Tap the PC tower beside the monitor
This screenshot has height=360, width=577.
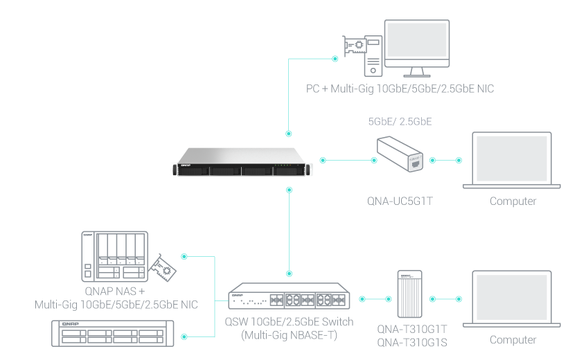tap(373, 55)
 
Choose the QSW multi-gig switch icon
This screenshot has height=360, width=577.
tap(290, 298)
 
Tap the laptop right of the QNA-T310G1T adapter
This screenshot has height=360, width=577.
tap(513, 299)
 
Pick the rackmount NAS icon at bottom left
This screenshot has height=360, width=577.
tap(112, 335)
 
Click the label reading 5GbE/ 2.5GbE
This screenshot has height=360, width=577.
tap(400, 122)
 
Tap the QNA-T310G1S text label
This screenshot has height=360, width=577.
tap(412, 342)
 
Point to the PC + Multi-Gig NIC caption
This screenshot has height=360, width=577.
tap(400, 89)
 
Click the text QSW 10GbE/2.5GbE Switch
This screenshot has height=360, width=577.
tap(289, 322)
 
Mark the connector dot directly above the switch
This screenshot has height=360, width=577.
tap(289, 273)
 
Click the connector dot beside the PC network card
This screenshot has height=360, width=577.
tap(335, 59)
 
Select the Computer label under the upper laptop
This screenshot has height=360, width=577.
tap(513, 201)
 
